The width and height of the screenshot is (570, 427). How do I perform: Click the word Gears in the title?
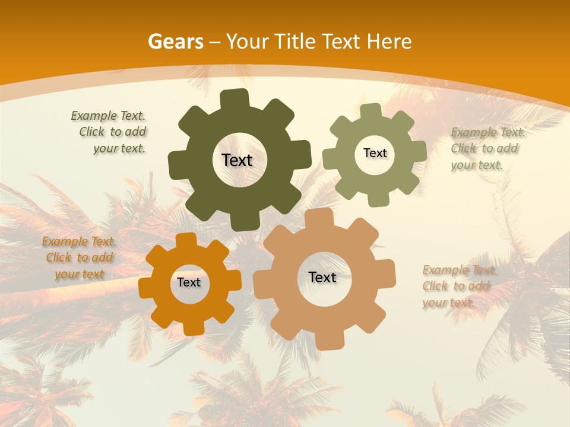click(x=175, y=42)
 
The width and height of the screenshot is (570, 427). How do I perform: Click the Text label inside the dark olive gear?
click(x=237, y=160)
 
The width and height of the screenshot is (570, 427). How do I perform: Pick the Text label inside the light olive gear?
click(x=375, y=153)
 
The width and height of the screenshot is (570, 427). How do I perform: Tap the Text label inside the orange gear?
click(x=189, y=282)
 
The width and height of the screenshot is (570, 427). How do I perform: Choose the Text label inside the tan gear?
click(x=322, y=277)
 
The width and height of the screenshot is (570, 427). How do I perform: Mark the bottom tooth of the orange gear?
click(x=192, y=327)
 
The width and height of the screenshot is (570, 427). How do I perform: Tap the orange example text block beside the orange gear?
click(x=79, y=257)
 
